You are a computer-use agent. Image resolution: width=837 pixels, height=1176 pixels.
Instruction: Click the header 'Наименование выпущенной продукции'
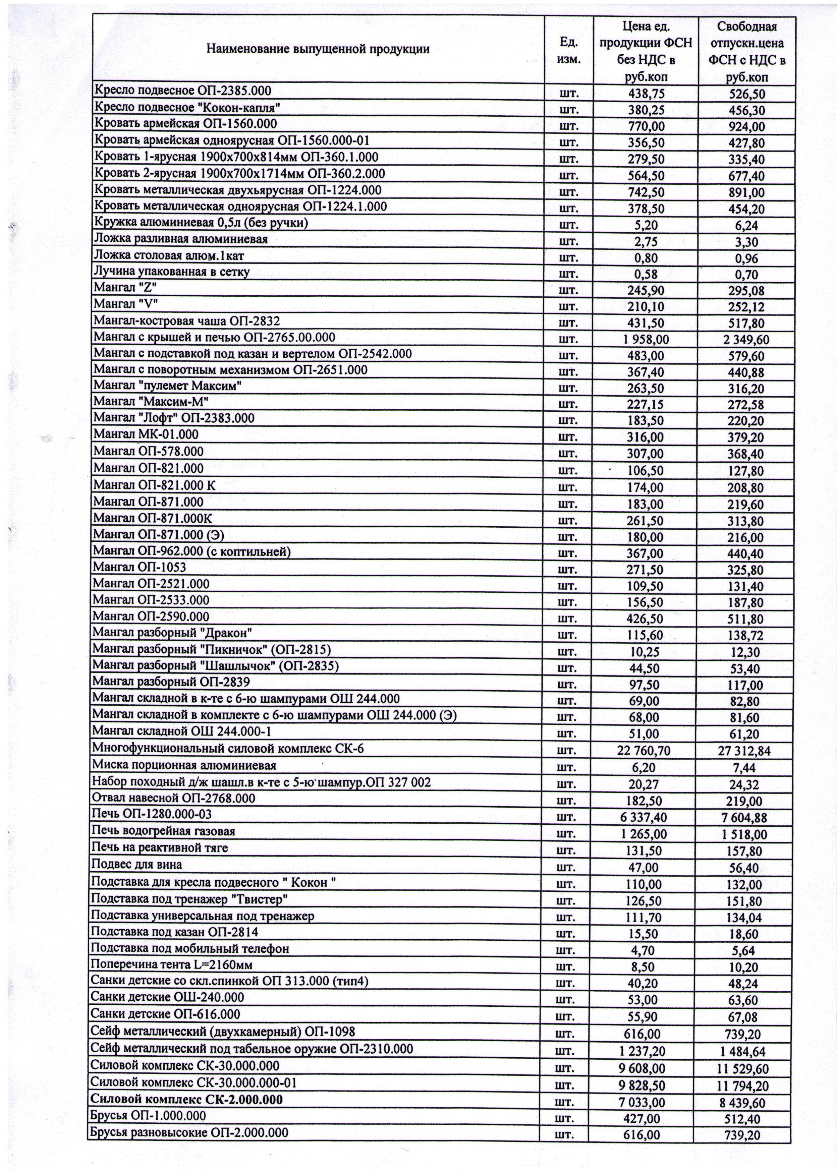[x=318, y=50]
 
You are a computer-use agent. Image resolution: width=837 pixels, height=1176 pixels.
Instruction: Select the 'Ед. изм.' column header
[x=568, y=50]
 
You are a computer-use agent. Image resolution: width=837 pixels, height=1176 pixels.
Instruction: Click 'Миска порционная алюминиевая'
[x=184, y=765]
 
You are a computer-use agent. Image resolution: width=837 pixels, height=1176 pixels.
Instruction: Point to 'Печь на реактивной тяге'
[x=160, y=847]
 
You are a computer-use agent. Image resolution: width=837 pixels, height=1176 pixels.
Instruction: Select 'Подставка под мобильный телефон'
[x=190, y=948]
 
